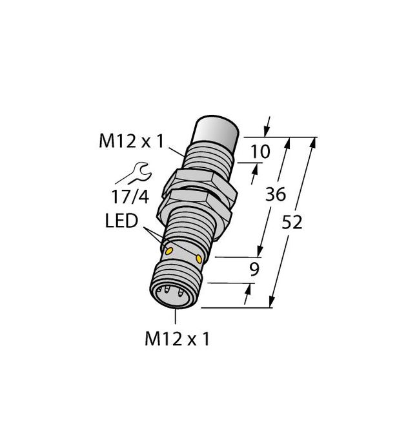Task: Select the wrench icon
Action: (x=133, y=173)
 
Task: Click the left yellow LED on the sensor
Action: (x=169, y=250)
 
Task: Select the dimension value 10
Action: (x=261, y=152)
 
